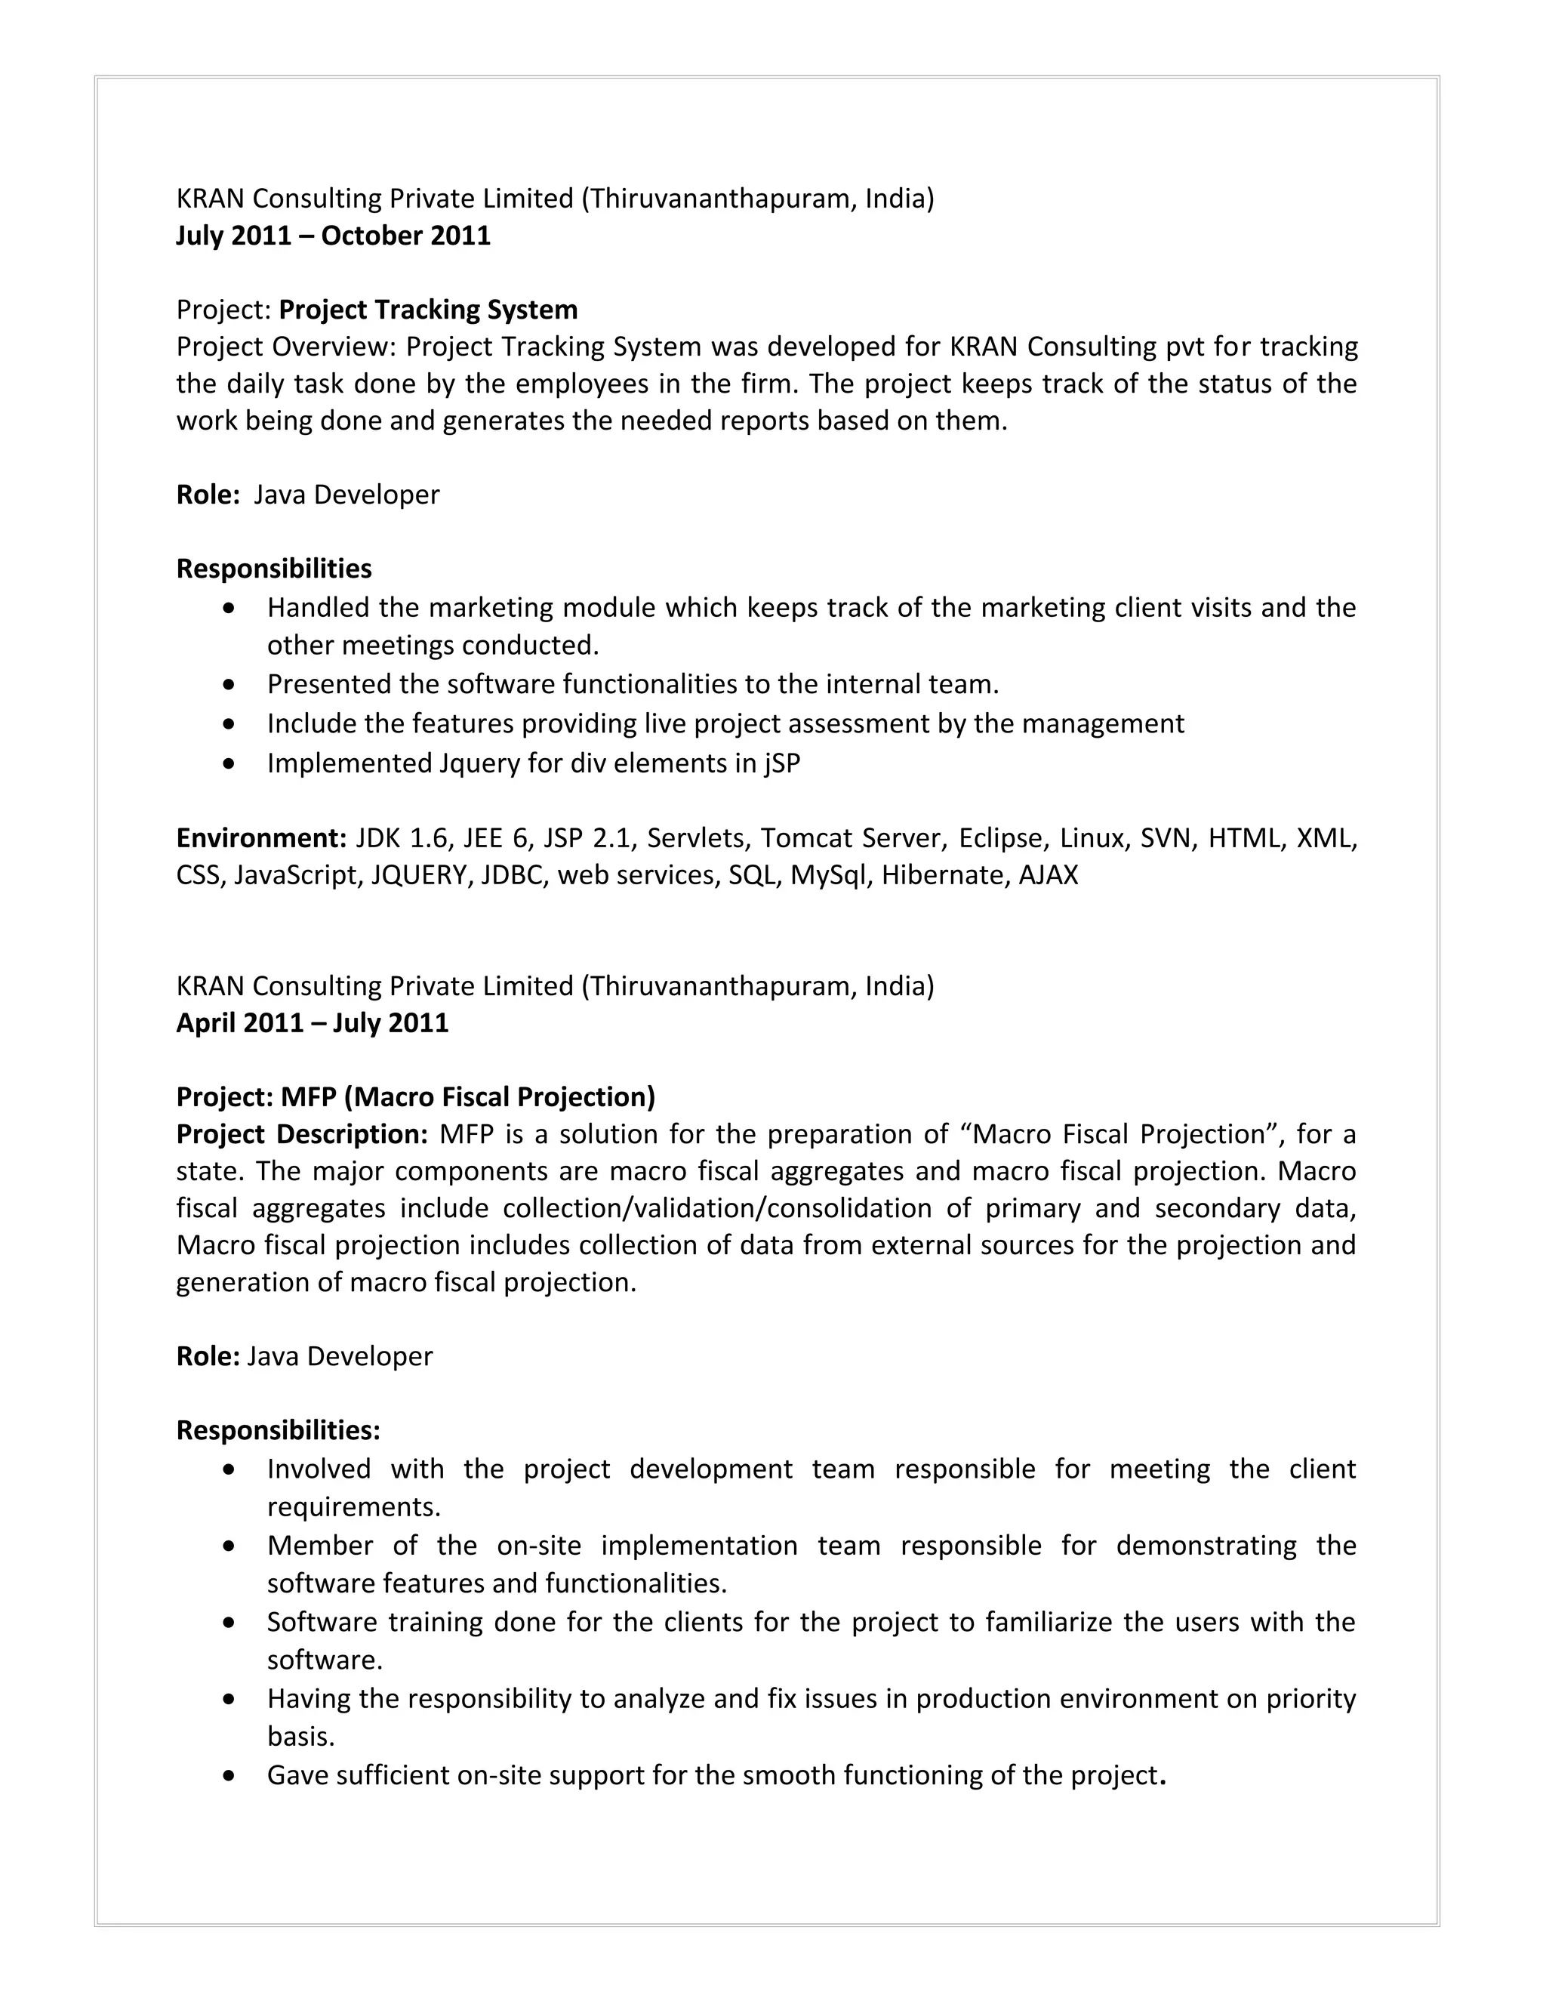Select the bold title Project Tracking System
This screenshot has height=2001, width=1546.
(x=428, y=310)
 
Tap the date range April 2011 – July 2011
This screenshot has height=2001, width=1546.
(x=313, y=1022)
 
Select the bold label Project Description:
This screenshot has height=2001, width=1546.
(x=301, y=1134)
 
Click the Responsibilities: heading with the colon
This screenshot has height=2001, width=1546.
(x=278, y=1430)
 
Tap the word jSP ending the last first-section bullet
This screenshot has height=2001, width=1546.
(x=781, y=763)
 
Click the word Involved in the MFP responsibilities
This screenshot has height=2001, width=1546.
(x=319, y=1469)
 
